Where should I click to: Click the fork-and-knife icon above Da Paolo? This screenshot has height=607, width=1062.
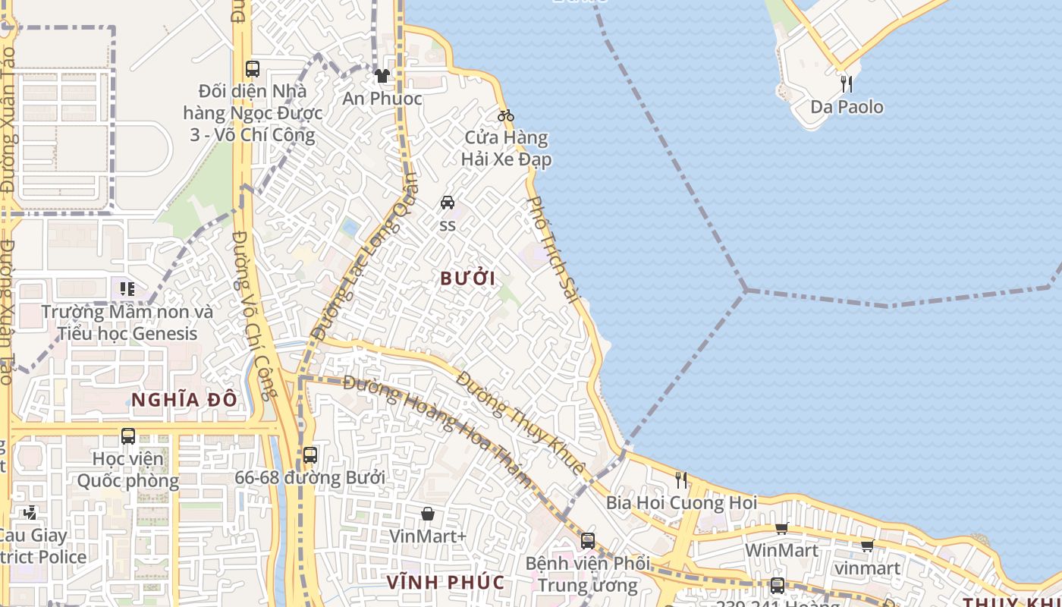847,83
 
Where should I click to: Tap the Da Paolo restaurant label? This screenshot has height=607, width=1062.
847,107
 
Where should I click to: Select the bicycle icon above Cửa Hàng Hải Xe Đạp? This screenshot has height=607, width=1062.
506,115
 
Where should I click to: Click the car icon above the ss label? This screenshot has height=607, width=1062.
448,203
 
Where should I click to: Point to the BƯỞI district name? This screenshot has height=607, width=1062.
468,278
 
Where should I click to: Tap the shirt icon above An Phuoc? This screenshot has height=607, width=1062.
382,76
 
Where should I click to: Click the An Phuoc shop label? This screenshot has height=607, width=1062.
382,99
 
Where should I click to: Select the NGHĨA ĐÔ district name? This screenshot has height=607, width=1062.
184,400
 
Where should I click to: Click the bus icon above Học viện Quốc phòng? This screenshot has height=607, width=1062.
128,436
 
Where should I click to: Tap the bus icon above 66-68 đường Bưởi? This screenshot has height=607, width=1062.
309,455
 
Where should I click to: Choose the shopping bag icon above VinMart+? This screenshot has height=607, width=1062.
428,514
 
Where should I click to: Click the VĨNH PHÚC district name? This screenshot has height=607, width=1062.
446,583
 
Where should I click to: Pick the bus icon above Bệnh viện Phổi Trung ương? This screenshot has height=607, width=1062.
588,541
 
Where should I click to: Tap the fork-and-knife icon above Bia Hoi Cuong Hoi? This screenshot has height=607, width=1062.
681,480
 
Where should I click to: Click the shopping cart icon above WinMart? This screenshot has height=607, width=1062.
781,528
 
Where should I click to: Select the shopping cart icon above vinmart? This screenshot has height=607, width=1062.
867,546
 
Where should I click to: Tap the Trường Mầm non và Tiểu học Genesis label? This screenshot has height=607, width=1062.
127,322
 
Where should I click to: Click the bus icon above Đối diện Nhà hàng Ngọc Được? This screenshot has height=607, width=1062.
253,68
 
